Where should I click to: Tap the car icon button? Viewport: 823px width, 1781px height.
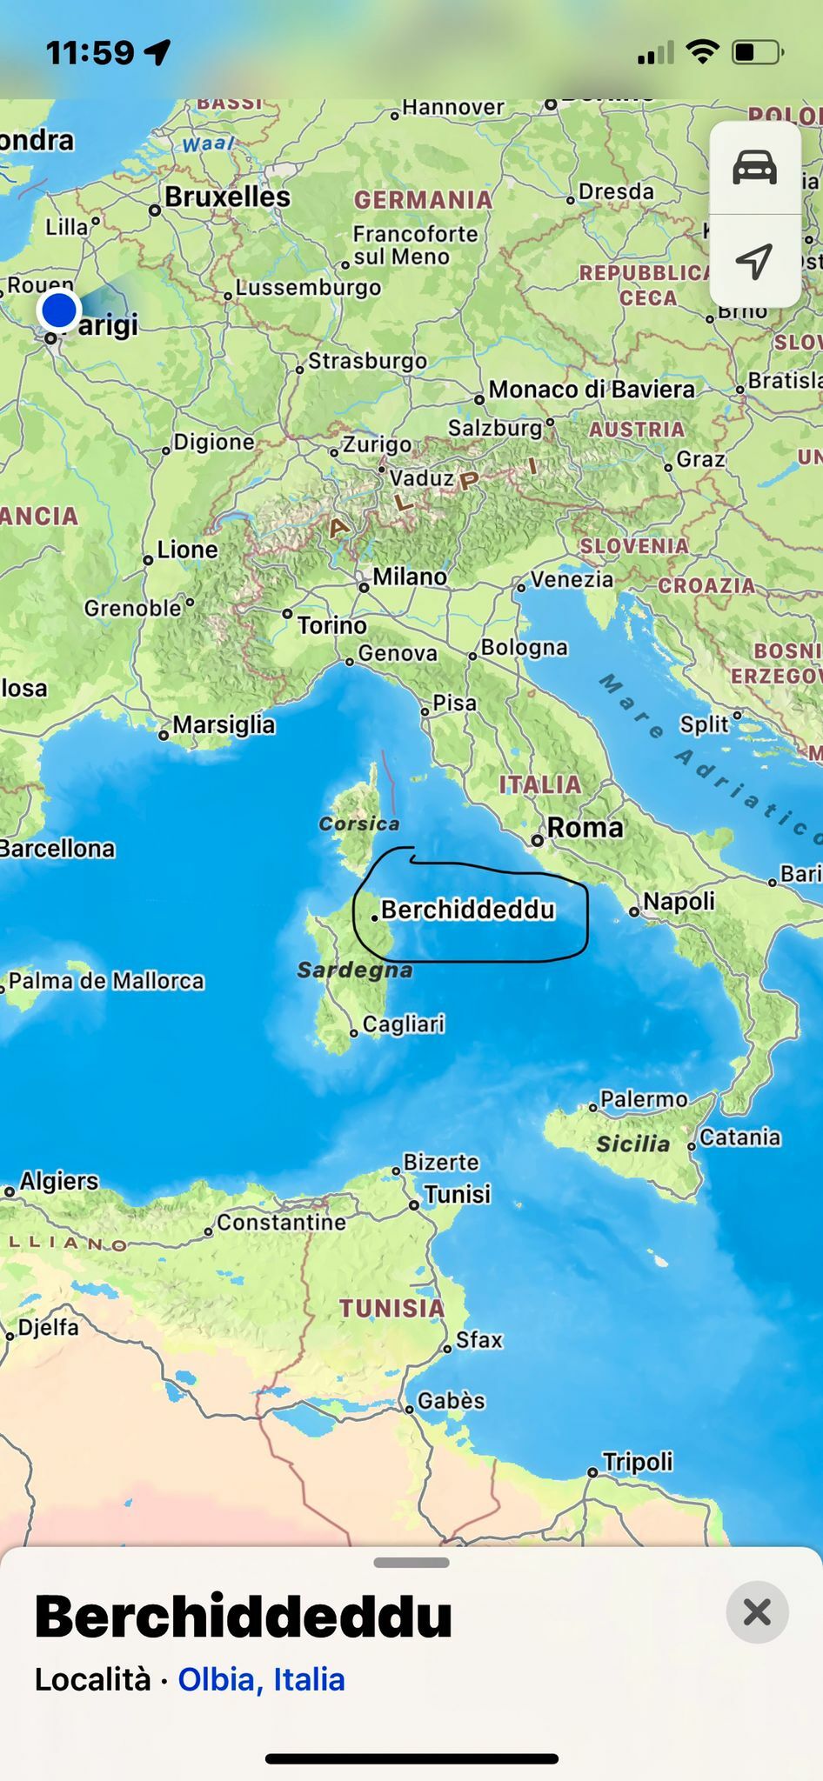click(754, 167)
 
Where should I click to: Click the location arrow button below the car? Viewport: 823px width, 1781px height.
click(754, 260)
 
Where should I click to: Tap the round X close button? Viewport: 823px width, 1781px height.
click(757, 1611)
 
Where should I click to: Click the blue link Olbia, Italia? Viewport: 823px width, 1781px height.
click(261, 1679)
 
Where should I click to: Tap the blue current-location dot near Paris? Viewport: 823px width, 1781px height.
click(59, 309)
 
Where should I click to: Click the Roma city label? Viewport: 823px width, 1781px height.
click(585, 827)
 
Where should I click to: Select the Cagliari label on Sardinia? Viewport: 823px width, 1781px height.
click(403, 1024)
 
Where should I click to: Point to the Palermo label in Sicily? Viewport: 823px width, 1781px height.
click(644, 1099)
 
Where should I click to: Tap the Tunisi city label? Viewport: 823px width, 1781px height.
click(457, 1194)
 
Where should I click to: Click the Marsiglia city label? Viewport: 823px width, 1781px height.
click(223, 724)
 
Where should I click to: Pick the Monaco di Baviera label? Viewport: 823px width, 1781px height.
click(591, 389)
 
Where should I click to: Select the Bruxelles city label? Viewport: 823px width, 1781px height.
click(227, 197)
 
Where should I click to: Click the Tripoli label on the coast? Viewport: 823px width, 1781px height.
click(638, 1462)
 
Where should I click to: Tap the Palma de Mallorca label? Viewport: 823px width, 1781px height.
click(106, 981)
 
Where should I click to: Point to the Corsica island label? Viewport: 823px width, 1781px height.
click(359, 824)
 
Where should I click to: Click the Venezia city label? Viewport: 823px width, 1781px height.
click(572, 578)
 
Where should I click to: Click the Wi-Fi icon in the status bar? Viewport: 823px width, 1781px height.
click(702, 52)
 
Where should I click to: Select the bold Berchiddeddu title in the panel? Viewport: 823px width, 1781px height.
click(244, 1617)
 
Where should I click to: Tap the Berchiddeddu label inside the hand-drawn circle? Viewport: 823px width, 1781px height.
click(467, 910)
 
